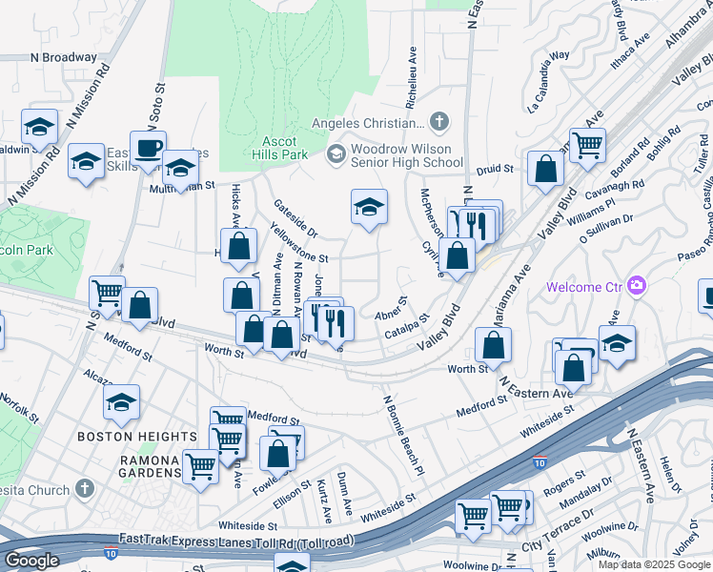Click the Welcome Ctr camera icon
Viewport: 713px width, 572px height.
click(x=637, y=286)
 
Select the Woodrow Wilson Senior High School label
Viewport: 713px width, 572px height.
click(x=406, y=155)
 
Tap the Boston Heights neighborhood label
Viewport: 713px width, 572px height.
click(x=136, y=437)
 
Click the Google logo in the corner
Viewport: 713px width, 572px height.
click(x=31, y=561)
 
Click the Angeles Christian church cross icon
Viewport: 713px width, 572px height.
click(x=438, y=122)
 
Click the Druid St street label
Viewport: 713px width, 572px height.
click(x=495, y=170)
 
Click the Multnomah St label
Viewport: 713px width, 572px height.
click(x=183, y=189)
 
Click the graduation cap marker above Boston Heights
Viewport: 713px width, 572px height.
click(x=122, y=402)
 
